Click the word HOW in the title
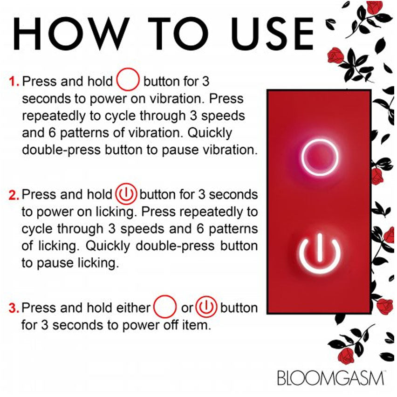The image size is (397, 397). click(69, 34)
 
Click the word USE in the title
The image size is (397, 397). click(272, 34)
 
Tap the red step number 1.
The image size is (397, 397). click(14, 82)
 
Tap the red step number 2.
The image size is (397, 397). click(14, 195)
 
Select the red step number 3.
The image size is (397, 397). click(14, 308)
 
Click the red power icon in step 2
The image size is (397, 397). click(126, 194)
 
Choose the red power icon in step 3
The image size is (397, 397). click(207, 307)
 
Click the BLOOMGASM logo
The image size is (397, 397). click(331, 378)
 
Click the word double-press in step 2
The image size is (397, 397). click(175, 246)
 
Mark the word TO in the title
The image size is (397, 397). click(178, 34)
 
